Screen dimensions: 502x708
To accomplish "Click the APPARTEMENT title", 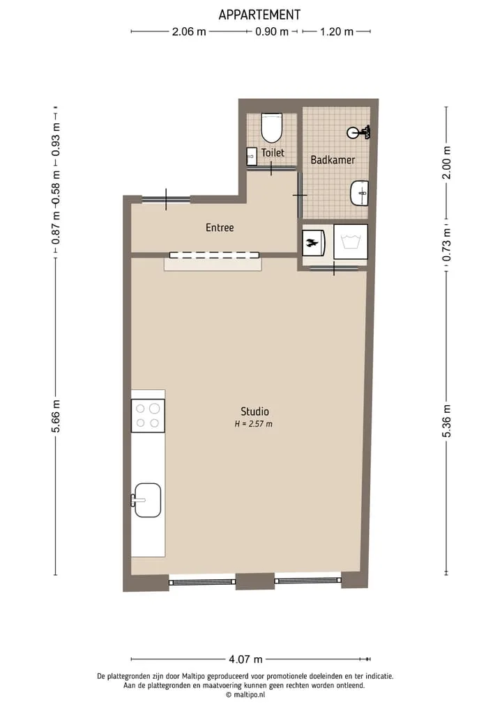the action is tap(259, 15).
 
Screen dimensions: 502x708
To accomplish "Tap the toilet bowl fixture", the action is tap(272, 128).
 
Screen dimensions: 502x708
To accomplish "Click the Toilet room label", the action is tap(273, 152).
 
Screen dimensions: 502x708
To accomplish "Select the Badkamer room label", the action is tap(333, 160).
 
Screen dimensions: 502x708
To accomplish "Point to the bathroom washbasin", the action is tap(360, 193).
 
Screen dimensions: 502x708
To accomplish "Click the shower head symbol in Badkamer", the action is tap(359, 132).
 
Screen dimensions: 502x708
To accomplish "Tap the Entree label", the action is tap(220, 228).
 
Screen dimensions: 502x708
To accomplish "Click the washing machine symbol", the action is tap(351, 242).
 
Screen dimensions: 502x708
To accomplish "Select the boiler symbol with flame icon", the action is tap(314, 243).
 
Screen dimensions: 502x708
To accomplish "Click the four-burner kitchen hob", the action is tap(148, 416).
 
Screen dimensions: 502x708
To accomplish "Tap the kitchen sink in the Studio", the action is tap(147, 500).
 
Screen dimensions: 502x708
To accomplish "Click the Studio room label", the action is tap(254, 411).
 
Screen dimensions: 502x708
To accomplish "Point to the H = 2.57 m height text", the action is tap(254, 424).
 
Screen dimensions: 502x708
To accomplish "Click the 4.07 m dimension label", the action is tap(245, 659).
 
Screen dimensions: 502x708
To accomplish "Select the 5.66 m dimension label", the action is tap(56, 416).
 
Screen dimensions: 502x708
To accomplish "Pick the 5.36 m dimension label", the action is tap(446, 421).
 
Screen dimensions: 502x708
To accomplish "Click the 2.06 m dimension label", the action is tap(189, 31).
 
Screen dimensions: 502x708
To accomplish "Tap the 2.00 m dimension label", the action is tap(446, 162).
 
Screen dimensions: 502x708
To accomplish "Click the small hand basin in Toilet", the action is tap(252, 157).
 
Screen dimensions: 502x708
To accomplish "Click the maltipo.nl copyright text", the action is tap(245, 695).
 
